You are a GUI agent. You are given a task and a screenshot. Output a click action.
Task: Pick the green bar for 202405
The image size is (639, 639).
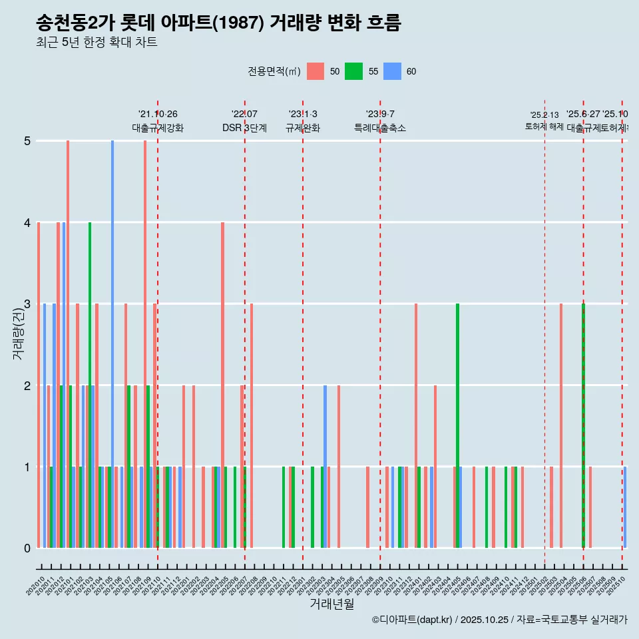[457, 426]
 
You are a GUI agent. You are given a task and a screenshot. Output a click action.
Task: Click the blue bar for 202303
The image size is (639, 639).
[325, 466]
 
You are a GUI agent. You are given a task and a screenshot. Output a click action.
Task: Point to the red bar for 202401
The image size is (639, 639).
[416, 426]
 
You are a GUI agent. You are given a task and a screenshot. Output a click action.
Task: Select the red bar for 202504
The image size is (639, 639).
[561, 426]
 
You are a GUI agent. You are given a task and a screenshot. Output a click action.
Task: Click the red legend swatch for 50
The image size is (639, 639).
[316, 71]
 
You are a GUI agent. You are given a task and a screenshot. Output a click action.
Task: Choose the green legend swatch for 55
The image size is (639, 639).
[353, 71]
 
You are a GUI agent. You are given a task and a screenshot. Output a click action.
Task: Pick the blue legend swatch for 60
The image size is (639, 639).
[393, 71]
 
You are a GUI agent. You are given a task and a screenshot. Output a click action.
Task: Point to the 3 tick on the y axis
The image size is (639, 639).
[27, 304]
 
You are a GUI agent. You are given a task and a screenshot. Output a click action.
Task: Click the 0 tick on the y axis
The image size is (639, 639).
[27, 548]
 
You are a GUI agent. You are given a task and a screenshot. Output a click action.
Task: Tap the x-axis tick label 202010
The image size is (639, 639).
[36, 586]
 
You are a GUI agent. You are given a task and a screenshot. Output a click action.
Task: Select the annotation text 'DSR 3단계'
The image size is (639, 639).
[244, 128]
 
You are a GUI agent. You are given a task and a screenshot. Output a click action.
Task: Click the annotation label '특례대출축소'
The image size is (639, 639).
[379, 128]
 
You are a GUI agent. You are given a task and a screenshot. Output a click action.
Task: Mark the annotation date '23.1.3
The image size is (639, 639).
[303, 114]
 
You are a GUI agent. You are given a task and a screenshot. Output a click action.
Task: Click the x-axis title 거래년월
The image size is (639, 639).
[331, 604]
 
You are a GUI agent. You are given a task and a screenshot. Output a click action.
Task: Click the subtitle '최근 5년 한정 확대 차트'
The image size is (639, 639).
[97, 43]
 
